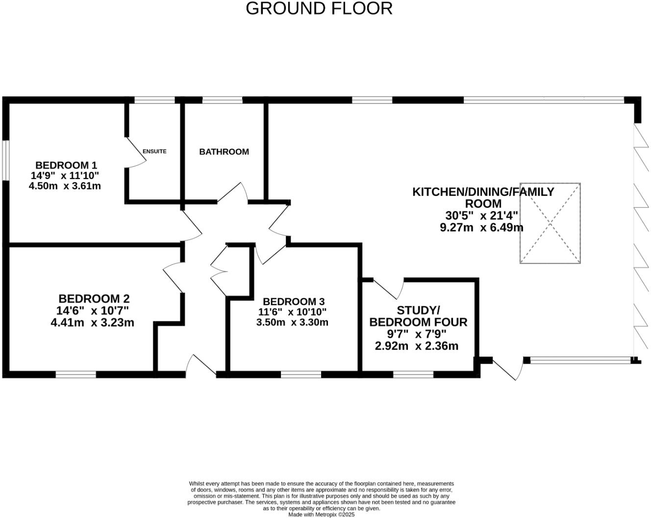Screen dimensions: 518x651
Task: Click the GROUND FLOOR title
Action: click(319, 8)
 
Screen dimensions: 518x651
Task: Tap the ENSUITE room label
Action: click(154, 152)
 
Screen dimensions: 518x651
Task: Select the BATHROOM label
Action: click(224, 152)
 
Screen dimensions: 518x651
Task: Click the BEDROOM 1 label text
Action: click(66, 165)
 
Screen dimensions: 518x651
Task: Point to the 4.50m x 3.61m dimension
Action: click(65, 186)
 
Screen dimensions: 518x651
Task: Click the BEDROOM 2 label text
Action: click(94, 299)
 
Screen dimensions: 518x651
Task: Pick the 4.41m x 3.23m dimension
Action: click(92, 323)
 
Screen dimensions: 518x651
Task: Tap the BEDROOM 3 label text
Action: click(294, 302)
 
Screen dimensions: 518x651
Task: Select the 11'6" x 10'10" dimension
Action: click(293, 312)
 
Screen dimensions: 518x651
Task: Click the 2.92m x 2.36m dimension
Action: click(417, 346)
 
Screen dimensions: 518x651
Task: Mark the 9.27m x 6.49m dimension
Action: click(481, 228)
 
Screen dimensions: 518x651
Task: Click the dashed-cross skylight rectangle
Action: click(550, 223)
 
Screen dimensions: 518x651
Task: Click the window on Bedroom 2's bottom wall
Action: click(75, 375)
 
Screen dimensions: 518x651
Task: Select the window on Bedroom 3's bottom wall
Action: click(301, 375)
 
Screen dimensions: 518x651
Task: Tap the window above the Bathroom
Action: click(222, 100)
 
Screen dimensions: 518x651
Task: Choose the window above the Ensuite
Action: click(154, 100)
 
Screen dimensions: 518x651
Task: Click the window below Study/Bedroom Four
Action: click(413, 375)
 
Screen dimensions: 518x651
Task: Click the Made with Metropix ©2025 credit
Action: click(321, 515)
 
